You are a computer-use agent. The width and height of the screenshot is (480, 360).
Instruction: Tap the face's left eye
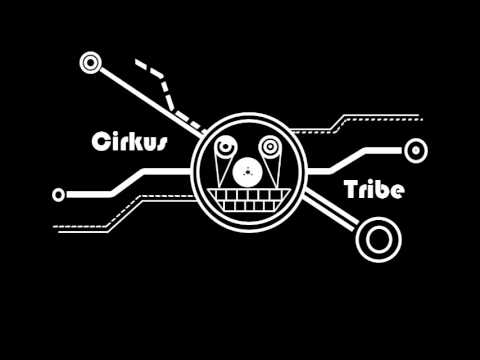click(x=225, y=151)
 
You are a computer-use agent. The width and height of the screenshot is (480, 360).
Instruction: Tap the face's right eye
click(x=269, y=151)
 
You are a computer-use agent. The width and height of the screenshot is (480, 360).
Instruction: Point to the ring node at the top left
click(x=92, y=63)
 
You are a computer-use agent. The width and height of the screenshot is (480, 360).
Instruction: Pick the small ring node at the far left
click(x=58, y=193)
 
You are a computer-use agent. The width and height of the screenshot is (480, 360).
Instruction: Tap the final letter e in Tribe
click(x=397, y=192)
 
